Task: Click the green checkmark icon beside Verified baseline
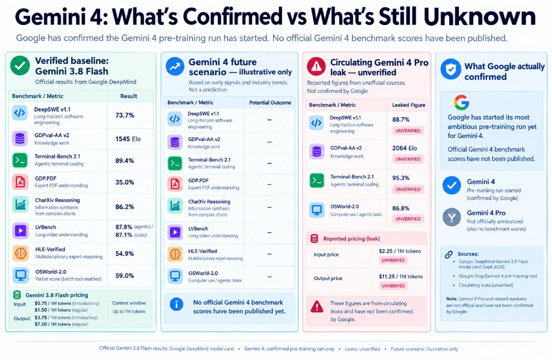[20, 65]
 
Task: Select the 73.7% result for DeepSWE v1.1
[125, 115]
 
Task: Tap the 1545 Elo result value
[128, 139]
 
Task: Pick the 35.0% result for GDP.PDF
[125, 182]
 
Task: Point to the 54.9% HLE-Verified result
[125, 254]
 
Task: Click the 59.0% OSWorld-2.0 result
[125, 276]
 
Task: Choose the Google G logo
[461, 102]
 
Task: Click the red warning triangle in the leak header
[316, 66]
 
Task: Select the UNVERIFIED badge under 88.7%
[408, 131]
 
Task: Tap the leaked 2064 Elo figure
[404, 148]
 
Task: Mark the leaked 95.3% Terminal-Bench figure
[401, 178]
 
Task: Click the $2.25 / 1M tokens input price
[400, 251]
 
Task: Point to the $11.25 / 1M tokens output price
[401, 277]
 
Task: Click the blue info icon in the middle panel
[176, 304]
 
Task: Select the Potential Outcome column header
[270, 102]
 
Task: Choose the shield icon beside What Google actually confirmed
[451, 69]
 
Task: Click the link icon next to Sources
[449, 254]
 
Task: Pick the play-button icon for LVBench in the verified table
[20, 231]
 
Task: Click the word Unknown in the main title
[479, 16]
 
